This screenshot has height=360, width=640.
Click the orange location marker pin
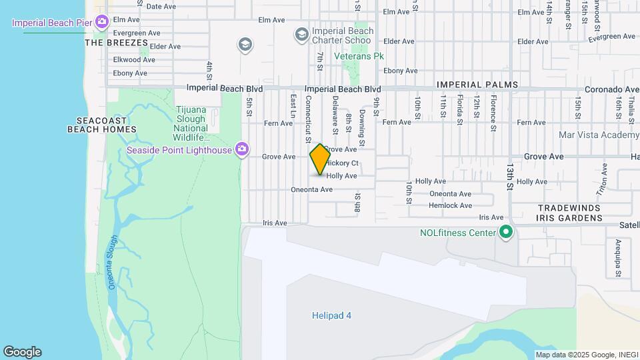pos(320,159)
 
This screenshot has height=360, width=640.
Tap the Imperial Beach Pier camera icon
pos(101,23)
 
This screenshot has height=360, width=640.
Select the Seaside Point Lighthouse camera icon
pos(242,149)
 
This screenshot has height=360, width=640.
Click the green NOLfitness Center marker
pos(506,233)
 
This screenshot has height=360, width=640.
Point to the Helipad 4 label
pos(331,315)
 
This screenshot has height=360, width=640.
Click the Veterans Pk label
pos(359,57)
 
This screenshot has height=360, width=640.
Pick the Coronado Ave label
pos(612,89)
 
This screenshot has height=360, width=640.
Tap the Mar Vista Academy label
pos(600,135)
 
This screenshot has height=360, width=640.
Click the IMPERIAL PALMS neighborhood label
pos(467,85)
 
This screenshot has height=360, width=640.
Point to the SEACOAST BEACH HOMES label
pos(102,125)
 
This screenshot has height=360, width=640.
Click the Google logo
pos(22,352)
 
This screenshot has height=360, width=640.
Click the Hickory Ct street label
pos(344,163)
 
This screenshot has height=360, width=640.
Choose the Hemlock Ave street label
pos(451,205)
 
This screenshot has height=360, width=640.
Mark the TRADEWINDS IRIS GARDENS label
pos(569,213)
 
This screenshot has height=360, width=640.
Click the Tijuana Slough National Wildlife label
pos(191,123)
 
